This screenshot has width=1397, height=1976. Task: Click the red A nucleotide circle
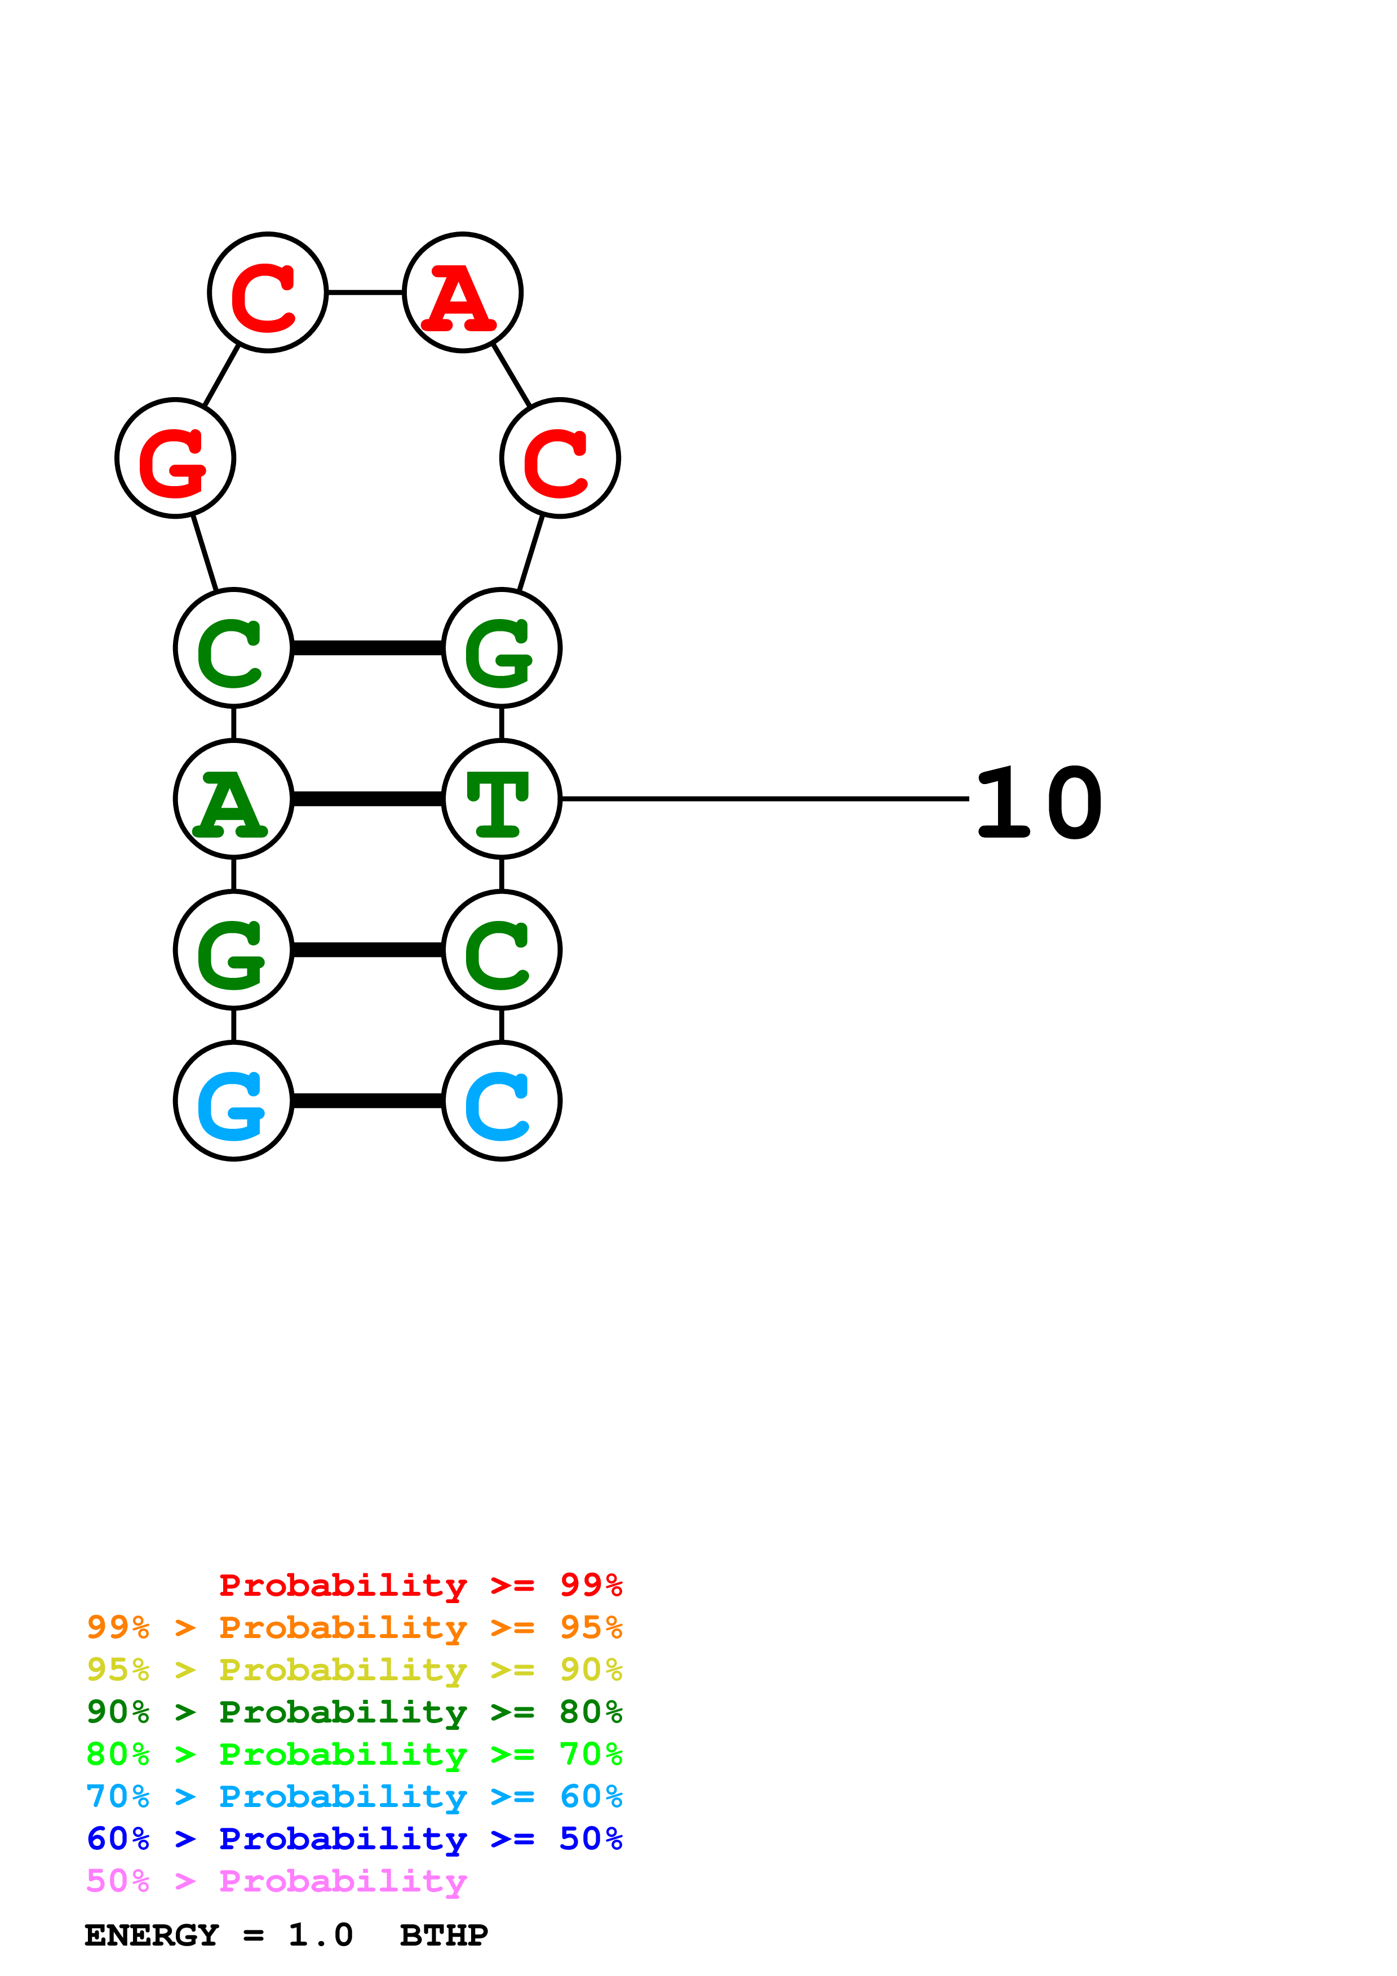pyautogui.click(x=463, y=292)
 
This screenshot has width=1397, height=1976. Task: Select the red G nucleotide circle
pyautogui.click(x=176, y=458)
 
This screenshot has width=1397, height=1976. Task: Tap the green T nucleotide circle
pyautogui.click(x=502, y=799)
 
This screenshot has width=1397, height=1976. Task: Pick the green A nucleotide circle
pyautogui.click(x=233, y=799)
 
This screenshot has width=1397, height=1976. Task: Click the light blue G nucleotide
pyautogui.click(x=233, y=1101)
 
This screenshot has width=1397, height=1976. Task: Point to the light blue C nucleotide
pyautogui.click(x=502, y=1101)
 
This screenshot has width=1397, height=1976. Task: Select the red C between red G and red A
pyautogui.click(x=268, y=292)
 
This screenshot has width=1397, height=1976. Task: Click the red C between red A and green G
pyautogui.click(x=560, y=458)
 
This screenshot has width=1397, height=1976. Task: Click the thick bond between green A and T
pyautogui.click(x=367, y=799)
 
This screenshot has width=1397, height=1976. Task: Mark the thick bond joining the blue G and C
pyautogui.click(x=367, y=1101)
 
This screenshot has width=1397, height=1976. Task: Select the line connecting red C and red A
pyautogui.click(x=366, y=292)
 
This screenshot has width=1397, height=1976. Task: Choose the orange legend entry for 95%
pyautogui.click(x=354, y=1627)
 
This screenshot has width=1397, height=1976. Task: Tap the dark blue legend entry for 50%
pyautogui.click(x=354, y=1839)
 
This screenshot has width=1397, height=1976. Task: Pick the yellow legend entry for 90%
pyautogui.click(x=354, y=1670)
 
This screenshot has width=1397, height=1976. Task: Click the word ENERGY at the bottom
pyautogui.click(x=152, y=1935)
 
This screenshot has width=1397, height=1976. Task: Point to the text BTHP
pyautogui.click(x=444, y=1935)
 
